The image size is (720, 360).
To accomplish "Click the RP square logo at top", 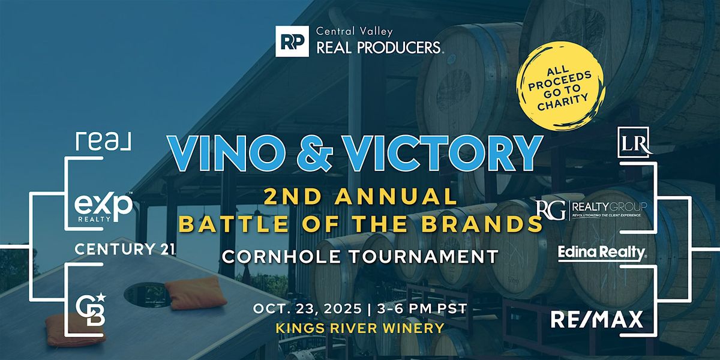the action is [292, 41].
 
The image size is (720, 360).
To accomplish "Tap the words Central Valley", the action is [355, 31].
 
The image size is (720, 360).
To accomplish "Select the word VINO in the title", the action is [224, 154].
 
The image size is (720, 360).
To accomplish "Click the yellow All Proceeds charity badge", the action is [560, 88].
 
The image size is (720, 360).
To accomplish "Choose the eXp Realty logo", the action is [103, 208].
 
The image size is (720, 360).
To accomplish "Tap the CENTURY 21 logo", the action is [125, 249].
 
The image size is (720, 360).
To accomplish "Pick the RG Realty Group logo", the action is [592, 209].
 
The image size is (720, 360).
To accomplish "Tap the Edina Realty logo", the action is [601, 253].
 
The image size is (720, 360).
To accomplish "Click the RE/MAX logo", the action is [597, 319].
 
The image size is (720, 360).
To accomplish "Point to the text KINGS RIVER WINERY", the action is [360, 328].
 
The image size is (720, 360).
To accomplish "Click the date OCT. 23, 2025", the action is [307, 309].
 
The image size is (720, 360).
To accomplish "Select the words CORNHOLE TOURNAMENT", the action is [361, 257].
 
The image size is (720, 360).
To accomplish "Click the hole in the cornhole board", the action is [148, 295].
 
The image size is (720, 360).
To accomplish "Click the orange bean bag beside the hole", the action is [196, 293].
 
